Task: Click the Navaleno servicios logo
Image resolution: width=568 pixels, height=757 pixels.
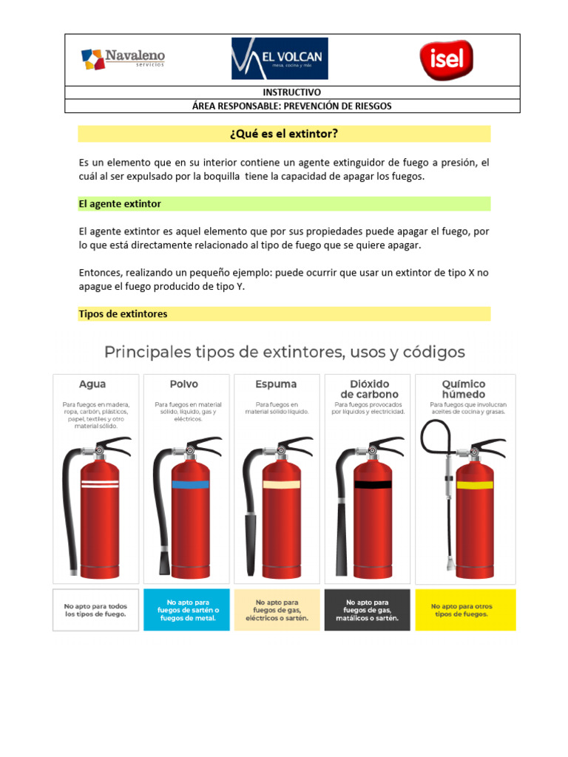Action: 123,58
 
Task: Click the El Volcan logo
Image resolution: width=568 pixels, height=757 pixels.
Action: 280,58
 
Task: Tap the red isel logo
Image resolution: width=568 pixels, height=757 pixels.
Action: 446,58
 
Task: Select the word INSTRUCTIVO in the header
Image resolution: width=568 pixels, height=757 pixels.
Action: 292,92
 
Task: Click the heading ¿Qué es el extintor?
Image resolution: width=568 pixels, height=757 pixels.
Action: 285,134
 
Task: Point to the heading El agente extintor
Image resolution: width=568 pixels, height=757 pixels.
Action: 120,203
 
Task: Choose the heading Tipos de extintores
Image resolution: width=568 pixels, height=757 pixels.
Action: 123,314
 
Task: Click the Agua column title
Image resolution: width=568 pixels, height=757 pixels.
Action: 92,384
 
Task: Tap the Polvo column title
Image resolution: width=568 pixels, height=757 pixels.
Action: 184,384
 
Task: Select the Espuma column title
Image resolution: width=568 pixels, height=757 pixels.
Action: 276,384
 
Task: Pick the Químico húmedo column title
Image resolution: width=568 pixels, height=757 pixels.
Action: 463,390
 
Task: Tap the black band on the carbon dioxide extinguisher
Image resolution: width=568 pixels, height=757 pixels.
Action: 372,485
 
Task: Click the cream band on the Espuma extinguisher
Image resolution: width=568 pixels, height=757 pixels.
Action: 282,484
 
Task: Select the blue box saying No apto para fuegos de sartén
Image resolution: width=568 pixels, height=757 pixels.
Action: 188,610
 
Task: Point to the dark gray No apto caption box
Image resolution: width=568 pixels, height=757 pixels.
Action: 367,610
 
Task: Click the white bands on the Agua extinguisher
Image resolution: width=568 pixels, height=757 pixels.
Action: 99,485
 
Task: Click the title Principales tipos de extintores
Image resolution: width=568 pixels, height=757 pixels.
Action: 285,352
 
